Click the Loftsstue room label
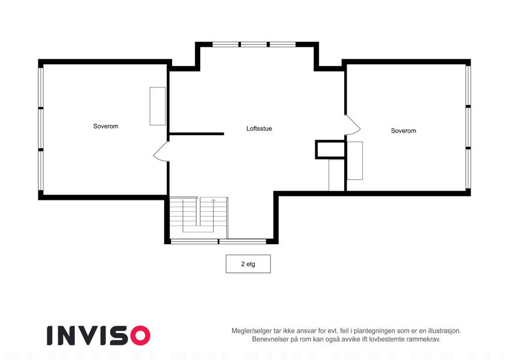pyautogui.click(x=259, y=128)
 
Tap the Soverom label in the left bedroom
pyautogui.click(x=106, y=127)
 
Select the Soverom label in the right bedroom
pyautogui.click(x=403, y=131)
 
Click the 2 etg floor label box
pyautogui.click(x=248, y=264)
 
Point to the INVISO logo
pyautogui.click(x=99, y=335)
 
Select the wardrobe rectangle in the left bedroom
pyautogui.click(x=158, y=106)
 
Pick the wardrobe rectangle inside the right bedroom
pyautogui.click(x=355, y=161)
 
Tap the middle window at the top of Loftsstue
pyautogui.click(x=254, y=44)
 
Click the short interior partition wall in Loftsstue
pyautogui.click(x=197, y=134)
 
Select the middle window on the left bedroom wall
pyautogui.click(x=41, y=128)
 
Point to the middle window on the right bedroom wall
pyautogui.click(x=468, y=127)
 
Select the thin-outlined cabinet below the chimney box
pyautogui.click(x=336, y=175)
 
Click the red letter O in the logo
pyautogui.click(x=140, y=335)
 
